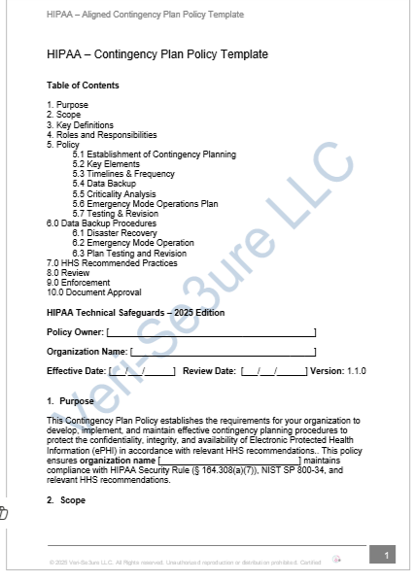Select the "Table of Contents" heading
click(x=83, y=86)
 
